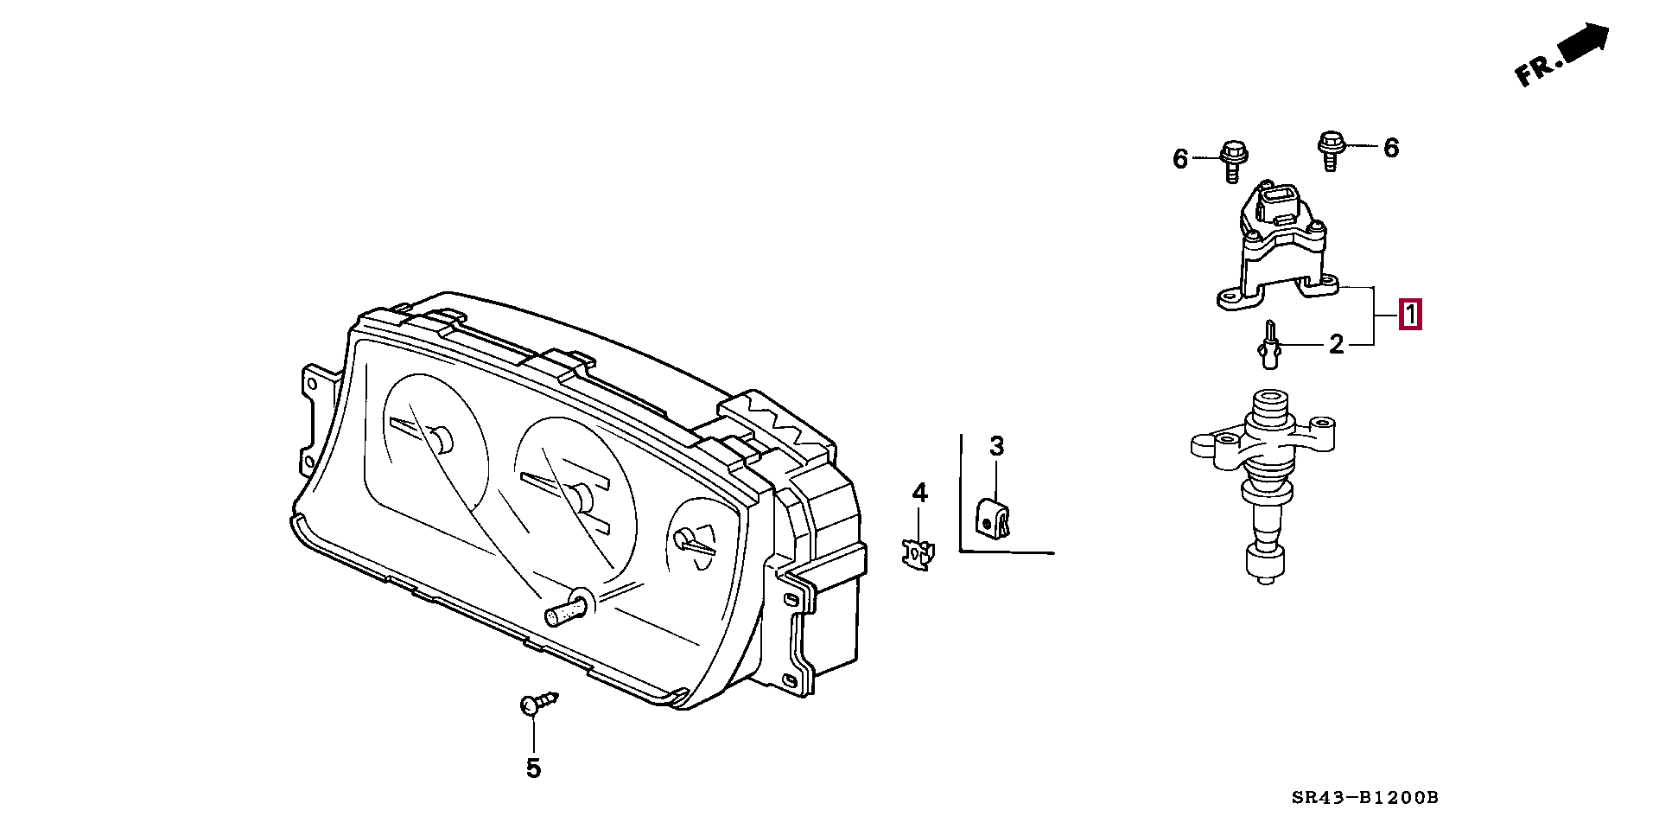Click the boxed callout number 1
pos(1409,315)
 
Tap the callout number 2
pos(1336,345)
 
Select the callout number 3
pos(996,447)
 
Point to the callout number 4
pos(919,493)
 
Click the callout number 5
pos(533,768)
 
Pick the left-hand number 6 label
pos(1180,159)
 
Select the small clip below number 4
pos(918,552)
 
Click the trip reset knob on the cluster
pos(566,609)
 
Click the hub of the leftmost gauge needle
pos(442,440)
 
